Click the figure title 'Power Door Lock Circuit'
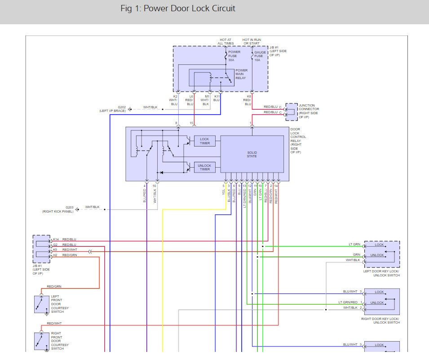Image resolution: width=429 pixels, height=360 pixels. [189, 9]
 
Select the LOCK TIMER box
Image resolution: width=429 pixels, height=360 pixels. [205, 141]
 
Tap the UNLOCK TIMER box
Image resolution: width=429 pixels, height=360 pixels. [205, 167]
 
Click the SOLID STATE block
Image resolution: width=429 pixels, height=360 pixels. [252, 154]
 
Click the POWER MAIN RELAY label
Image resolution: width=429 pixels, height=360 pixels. [241, 74]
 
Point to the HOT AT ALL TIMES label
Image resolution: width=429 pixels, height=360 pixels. [226, 42]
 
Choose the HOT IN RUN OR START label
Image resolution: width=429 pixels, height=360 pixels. [252, 42]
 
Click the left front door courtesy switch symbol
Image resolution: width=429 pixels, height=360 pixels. [42, 304]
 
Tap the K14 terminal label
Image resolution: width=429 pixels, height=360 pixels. [56, 239]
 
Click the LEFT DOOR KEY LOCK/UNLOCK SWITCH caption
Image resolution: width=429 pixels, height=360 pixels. [381, 273]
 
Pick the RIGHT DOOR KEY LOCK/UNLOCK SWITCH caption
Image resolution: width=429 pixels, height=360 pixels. [380, 321]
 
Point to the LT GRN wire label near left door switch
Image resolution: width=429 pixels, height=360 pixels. [354, 244]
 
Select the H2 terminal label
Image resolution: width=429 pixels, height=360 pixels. [55, 255]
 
